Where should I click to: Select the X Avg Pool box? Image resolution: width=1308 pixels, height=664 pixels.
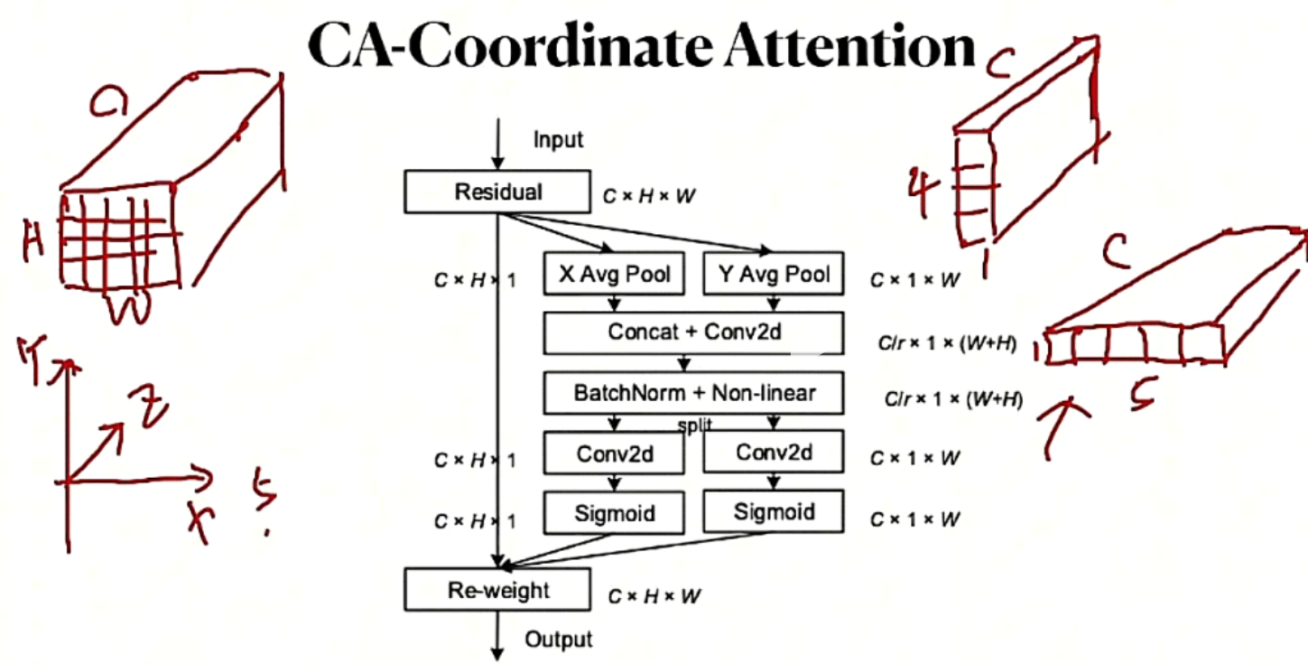tap(614, 273)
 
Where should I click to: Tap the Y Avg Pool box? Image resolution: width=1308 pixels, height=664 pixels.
tap(772, 273)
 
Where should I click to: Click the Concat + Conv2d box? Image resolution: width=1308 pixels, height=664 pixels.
tap(693, 332)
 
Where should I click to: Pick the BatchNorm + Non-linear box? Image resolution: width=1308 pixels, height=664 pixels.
tap(693, 393)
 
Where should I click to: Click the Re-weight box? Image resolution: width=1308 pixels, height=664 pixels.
tap(498, 591)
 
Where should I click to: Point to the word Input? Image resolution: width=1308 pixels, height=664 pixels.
tap(558, 140)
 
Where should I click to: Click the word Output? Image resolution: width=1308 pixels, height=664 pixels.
tap(558, 640)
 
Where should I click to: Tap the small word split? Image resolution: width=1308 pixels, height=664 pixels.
tap(694, 426)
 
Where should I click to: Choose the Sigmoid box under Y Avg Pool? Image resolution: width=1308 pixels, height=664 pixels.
tap(772, 512)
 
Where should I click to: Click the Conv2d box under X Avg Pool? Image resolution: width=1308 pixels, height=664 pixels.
tap(614, 453)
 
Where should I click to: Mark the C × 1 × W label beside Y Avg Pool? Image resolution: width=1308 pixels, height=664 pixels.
tap(914, 281)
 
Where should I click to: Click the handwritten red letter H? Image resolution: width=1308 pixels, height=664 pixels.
tap(35, 239)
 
